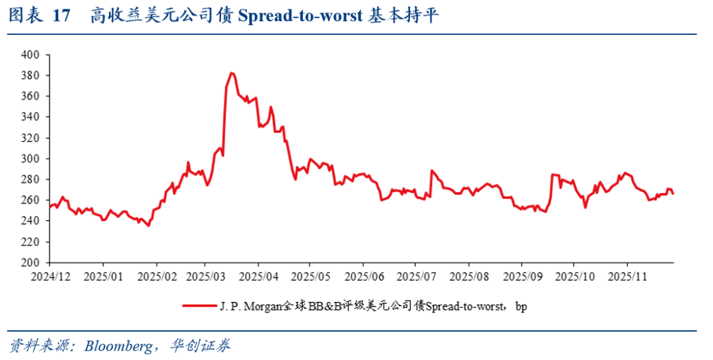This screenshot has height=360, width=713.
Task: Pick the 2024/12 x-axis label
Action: point(50,273)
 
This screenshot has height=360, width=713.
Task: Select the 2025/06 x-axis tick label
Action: point(363,273)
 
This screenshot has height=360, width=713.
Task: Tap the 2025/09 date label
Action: point(521,273)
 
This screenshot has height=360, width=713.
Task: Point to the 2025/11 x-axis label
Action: point(627,273)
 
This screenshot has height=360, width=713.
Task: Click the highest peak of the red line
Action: point(232,73)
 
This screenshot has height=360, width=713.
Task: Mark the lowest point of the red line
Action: point(149,226)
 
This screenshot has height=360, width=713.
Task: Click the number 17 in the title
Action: point(61,17)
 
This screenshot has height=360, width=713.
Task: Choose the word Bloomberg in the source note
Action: point(118,345)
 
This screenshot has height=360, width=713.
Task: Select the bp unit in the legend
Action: point(521,306)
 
